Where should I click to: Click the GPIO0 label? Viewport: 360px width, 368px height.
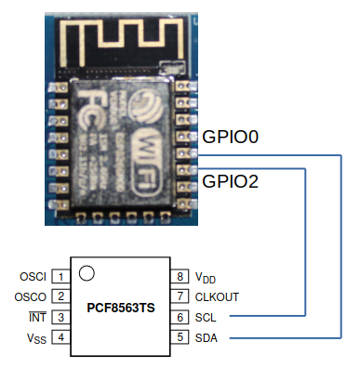pyautogui.click(x=230, y=138)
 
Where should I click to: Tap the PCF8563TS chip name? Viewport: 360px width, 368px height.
pyautogui.click(x=121, y=307)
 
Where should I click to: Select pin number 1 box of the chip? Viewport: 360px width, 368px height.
pyautogui.click(x=60, y=276)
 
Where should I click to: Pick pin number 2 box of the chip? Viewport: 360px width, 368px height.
pyautogui.click(x=60, y=296)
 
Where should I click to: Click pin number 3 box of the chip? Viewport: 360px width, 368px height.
pyautogui.click(x=60, y=317)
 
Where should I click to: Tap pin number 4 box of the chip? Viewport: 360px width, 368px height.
pyautogui.click(x=60, y=337)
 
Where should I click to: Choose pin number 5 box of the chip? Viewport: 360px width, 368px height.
pyautogui.click(x=180, y=337)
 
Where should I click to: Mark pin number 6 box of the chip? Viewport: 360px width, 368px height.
pyautogui.click(x=180, y=317)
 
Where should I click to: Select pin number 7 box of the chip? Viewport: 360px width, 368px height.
pyautogui.click(x=180, y=296)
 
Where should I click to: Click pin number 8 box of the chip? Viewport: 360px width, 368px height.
pyautogui.click(x=180, y=276)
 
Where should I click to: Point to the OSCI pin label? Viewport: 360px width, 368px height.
pyautogui.click(x=33, y=277)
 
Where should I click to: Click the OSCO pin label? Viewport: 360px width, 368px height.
pyautogui.click(x=33, y=297)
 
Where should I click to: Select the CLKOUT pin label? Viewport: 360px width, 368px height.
pyautogui.click(x=217, y=297)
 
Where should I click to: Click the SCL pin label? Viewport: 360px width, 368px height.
pyautogui.click(x=206, y=318)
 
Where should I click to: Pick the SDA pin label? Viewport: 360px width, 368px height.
pyautogui.click(x=207, y=338)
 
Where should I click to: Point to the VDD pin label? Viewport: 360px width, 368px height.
pyautogui.click(x=205, y=277)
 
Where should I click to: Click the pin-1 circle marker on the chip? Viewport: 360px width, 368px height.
pyautogui.click(x=87, y=272)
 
